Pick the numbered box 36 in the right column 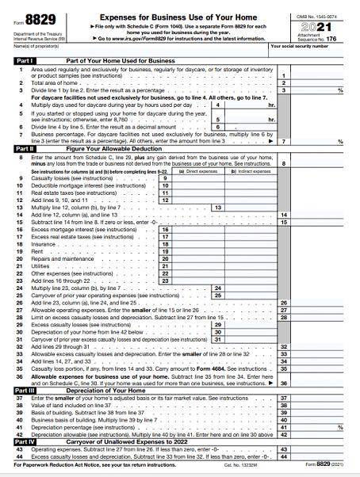pos(284,383)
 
